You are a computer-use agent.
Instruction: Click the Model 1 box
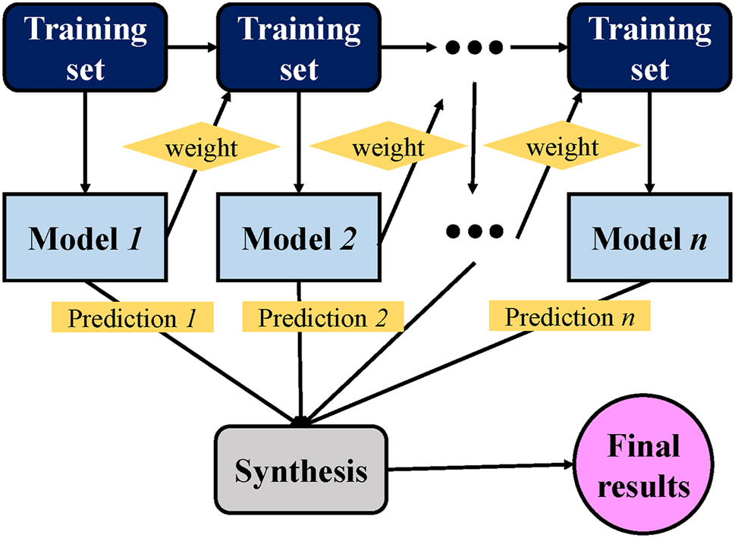tap(86, 238)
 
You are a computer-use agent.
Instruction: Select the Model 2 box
tap(299, 238)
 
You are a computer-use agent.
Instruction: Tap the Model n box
tap(649, 238)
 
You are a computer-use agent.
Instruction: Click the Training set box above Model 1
tap(85, 47)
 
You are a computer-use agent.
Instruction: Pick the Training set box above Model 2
tap(299, 47)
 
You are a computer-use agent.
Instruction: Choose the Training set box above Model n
tap(649, 47)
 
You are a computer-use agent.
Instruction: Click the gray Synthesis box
tap(300, 470)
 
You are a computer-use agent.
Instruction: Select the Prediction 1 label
tap(133, 318)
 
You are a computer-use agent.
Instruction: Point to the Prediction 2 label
tap(322, 318)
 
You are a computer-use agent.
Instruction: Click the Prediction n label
tap(569, 316)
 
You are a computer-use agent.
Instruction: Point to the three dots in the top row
tap(474, 48)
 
